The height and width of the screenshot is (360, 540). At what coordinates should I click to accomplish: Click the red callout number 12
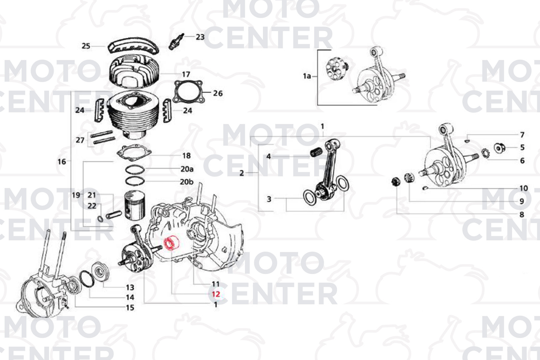[216, 294]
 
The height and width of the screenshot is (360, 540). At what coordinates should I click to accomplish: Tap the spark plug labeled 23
[176, 41]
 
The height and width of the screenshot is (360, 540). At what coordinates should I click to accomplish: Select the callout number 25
[86, 46]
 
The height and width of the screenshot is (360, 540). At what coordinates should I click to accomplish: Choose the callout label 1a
[307, 76]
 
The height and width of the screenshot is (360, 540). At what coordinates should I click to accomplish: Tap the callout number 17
[186, 74]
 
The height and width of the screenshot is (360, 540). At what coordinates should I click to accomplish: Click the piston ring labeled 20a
[135, 169]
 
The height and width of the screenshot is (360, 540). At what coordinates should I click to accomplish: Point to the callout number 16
[62, 162]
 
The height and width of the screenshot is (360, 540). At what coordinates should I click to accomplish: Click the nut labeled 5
[499, 148]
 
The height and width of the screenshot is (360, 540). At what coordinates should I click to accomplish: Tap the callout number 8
[522, 214]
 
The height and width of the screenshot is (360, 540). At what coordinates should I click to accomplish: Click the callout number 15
[130, 308]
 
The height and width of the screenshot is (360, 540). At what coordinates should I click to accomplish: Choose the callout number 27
[80, 140]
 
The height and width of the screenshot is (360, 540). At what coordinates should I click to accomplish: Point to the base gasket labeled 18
[134, 153]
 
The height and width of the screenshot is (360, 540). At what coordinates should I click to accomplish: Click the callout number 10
[523, 188]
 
